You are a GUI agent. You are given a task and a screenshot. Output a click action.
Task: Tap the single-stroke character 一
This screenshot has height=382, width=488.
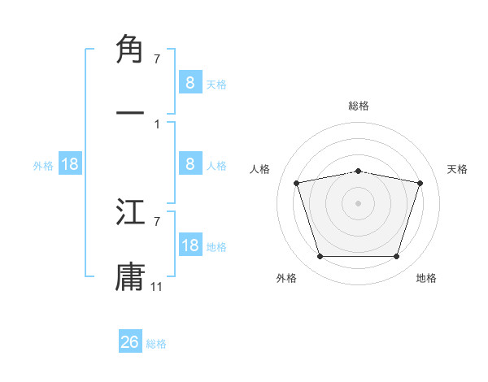click(131, 111)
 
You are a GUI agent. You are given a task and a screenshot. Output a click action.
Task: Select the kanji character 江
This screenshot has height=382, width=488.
click(131, 214)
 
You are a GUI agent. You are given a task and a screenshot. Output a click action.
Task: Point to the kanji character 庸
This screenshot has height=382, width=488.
click(131, 274)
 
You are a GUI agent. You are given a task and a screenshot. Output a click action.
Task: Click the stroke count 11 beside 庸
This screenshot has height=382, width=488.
click(158, 286)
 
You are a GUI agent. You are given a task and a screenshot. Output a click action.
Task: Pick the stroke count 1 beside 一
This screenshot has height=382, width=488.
click(156, 124)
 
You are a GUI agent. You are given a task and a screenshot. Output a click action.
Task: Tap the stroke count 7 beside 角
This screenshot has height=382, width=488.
click(156, 59)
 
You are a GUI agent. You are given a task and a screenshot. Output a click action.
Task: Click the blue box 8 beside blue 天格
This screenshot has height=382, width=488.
click(190, 82)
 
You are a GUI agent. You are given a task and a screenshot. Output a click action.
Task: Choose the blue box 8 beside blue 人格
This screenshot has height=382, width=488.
click(190, 164)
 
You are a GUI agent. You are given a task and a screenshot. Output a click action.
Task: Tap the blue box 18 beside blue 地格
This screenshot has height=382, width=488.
click(190, 245)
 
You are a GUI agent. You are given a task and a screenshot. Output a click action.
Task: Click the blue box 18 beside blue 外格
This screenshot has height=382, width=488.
click(70, 164)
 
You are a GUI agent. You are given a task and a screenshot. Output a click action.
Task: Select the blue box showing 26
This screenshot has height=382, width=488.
click(130, 342)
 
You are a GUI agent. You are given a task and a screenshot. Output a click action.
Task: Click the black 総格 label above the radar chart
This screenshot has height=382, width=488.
click(359, 106)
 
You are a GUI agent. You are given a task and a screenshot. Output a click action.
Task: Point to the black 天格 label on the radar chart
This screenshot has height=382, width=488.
click(458, 169)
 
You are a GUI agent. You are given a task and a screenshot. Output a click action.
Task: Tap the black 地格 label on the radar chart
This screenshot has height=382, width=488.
click(426, 278)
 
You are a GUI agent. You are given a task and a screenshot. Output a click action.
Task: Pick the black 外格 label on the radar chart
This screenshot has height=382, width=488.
click(286, 278)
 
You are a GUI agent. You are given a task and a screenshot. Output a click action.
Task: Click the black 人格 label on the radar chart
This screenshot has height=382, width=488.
click(260, 169)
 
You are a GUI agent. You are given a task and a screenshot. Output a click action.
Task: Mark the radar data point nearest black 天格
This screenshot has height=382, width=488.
click(420, 184)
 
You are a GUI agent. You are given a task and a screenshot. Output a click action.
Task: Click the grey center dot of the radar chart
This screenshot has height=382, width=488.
click(359, 202)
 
